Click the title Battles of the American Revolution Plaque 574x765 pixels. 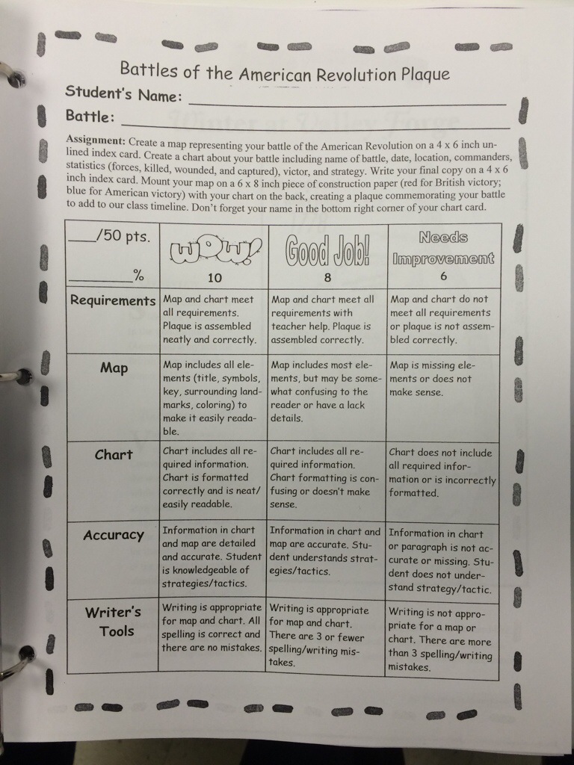click(x=285, y=72)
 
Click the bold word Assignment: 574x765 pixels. click(x=96, y=140)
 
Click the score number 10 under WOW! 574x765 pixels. click(x=215, y=277)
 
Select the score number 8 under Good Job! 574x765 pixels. click(x=327, y=277)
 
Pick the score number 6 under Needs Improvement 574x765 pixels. click(x=444, y=276)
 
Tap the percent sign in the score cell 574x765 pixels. click(x=138, y=276)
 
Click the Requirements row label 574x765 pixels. click(x=113, y=300)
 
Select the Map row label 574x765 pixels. click(x=114, y=368)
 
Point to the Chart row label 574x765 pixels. click(x=114, y=454)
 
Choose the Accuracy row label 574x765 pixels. click(x=114, y=535)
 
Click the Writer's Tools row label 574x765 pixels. click(x=113, y=622)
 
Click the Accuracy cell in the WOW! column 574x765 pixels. click(x=213, y=557)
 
